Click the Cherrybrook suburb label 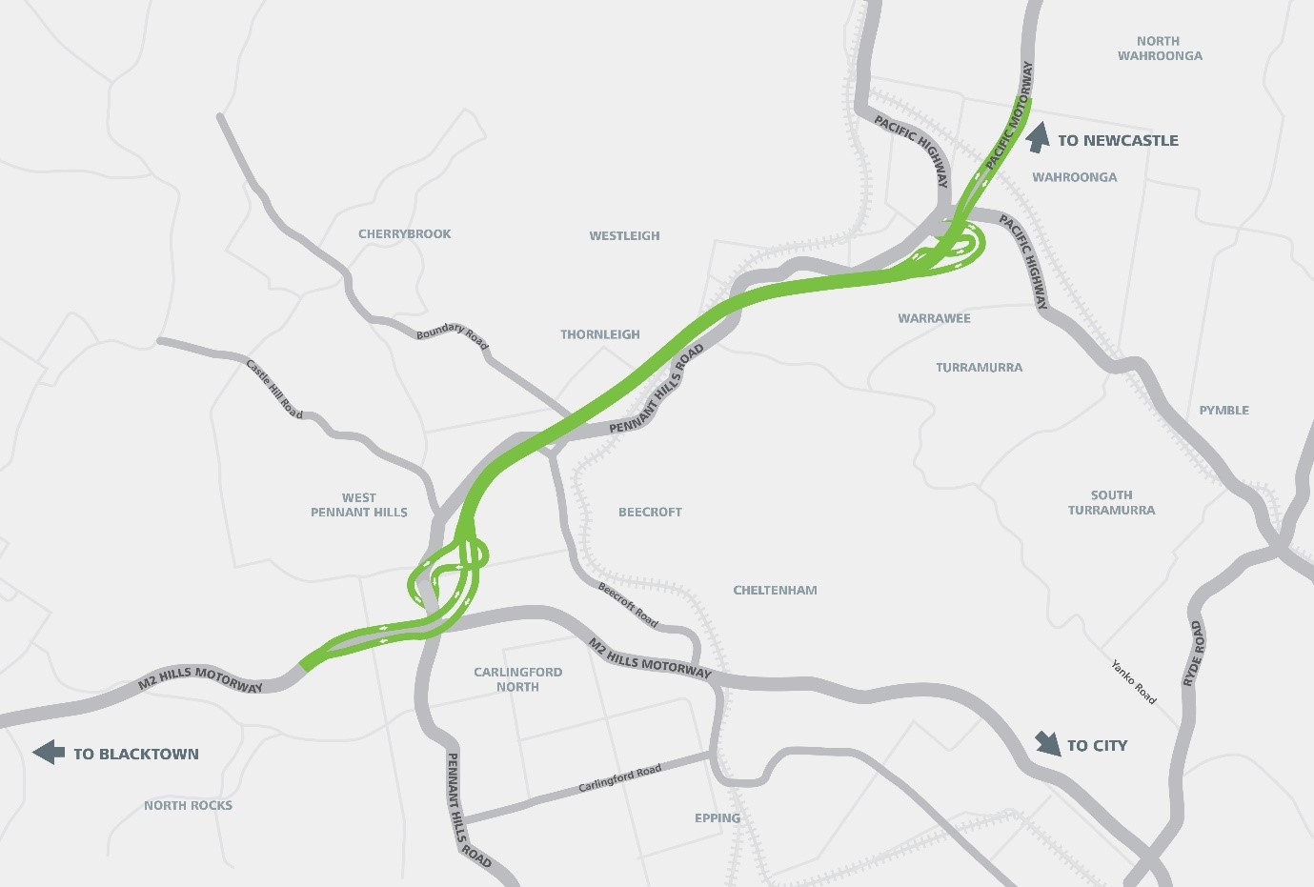pyautogui.click(x=404, y=233)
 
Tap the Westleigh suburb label pyautogui.click(x=624, y=235)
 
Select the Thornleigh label pyautogui.click(x=600, y=334)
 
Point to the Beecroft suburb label pyautogui.click(x=650, y=512)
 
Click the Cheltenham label pyautogui.click(x=775, y=590)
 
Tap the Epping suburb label pyautogui.click(x=718, y=817)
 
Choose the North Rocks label pyautogui.click(x=188, y=805)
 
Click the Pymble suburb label pyautogui.click(x=1223, y=410)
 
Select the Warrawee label pyautogui.click(x=934, y=318)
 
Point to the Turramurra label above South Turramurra pyautogui.click(x=979, y=367)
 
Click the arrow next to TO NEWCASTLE pyautogui.click(x=1039, y=137)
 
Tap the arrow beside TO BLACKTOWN pyautogui.click(x=49, y=753)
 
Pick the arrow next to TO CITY pyautogui.click(x=1048, y=743)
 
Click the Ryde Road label pyautogui.click(x=1192, y=654)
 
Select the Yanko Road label pyautogui.click(x=1133, y=682)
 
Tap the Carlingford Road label pyautogui.click(x=619, y=779)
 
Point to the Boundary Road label pyautogui.click(x=453, y=335)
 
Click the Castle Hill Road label pyautogui.click(x=274, y=389)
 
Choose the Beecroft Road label pyautogui.click(x=628, y=605)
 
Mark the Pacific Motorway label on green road pyautogui.click(x=1009, y=116)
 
